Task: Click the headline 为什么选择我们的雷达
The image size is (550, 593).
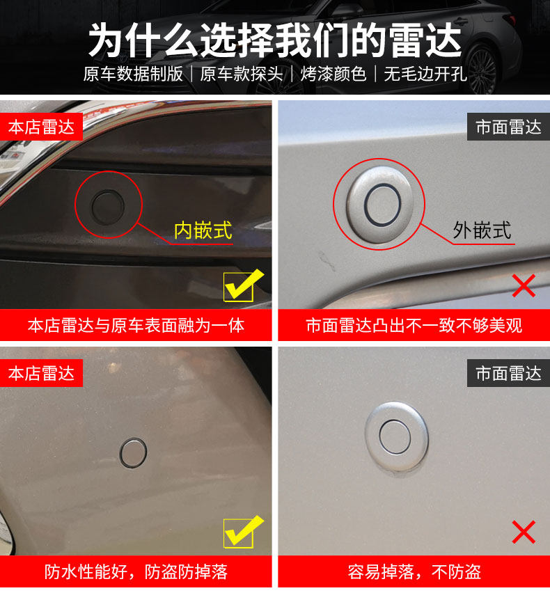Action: [x=275, y=40]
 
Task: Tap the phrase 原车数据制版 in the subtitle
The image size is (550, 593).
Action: [x=133, y=74]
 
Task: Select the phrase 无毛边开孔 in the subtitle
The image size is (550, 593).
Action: [x=425, y=74]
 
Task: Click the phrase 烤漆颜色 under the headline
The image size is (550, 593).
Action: [x=333, y=74]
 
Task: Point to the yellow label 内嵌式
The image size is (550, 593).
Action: [x=203, y=230]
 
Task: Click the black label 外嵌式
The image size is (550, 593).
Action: [x=482, y=230]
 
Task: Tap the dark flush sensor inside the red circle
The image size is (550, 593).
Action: [x=108, y=207]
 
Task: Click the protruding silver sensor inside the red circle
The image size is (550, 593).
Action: [x=380, y=204]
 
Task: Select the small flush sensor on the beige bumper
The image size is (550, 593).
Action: [x=133, y=452]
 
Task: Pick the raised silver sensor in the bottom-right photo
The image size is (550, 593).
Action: [x=396, y=437]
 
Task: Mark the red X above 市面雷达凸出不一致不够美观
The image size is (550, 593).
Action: [x=524, y=285]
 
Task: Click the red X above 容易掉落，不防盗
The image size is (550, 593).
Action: [x=524, y=532]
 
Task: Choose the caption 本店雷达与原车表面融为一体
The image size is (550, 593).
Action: [x=136, y=325]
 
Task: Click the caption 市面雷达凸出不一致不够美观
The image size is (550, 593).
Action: [x=414, y=325]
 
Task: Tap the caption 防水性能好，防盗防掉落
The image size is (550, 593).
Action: [x=136, y=572]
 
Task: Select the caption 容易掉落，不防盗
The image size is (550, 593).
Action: [x=414, y=572]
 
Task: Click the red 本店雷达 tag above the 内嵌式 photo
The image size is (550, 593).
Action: [x=41, y=127]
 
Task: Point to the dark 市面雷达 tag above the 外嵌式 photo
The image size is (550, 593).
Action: [x=508, y=127]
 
